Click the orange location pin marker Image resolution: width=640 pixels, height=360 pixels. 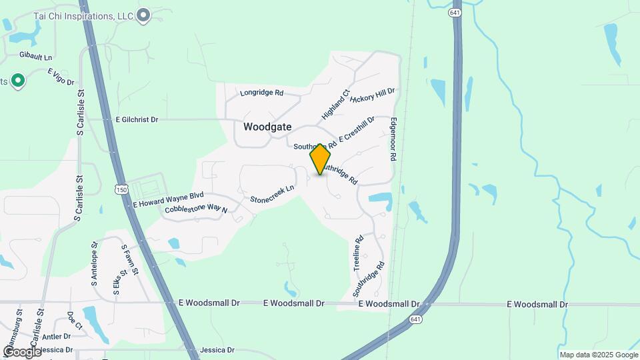pos(320,159)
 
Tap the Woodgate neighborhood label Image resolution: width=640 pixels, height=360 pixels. pos(267,126)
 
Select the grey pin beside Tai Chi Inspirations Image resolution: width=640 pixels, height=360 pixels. pos(143,15)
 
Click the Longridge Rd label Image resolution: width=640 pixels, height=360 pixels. pos(262,93)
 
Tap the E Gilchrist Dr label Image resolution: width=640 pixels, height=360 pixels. pos(137,119)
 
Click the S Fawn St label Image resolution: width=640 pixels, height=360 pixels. pos(129,260)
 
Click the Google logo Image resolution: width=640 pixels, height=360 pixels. pos(22,351)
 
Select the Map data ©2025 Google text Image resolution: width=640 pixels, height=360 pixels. pos(598,355)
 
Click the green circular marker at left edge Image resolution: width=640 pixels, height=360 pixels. pos(18,81)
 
